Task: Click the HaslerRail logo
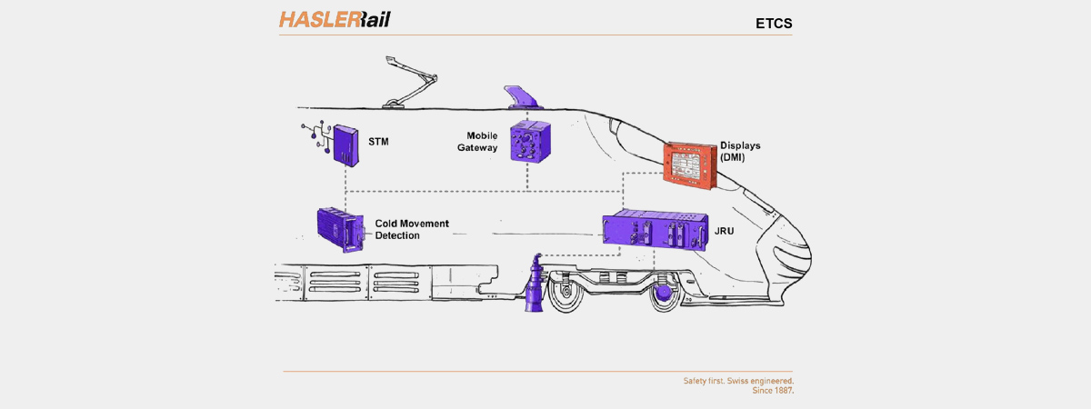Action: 334,19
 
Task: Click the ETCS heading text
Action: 775,23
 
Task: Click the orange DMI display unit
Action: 695,165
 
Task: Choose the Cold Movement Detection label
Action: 411,228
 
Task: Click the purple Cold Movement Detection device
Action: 340,229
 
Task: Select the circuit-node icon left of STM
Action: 313,136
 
